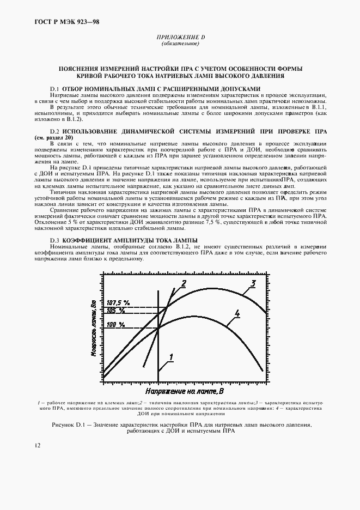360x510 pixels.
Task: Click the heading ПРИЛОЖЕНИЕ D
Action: pos(180,38)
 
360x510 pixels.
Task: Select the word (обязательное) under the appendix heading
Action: pos(180,44)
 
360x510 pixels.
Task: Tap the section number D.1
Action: pos(54,88)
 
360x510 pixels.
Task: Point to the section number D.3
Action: pos(54,240)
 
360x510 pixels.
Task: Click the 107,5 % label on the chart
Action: pos(118,302)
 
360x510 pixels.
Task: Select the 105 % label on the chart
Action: pos(115,310)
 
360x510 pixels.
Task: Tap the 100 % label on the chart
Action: pos(115,325)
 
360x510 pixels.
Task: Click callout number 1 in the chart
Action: pos(171,357)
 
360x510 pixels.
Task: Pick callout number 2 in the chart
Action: pos(184,283)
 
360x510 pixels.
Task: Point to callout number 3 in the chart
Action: pos(253,283)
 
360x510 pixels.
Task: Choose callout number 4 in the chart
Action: pos(237,313)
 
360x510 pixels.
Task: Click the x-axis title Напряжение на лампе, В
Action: pos(185,391)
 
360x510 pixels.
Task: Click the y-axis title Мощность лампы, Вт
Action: pos(94,326)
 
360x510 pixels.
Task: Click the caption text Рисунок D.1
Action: pos(69,424)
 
